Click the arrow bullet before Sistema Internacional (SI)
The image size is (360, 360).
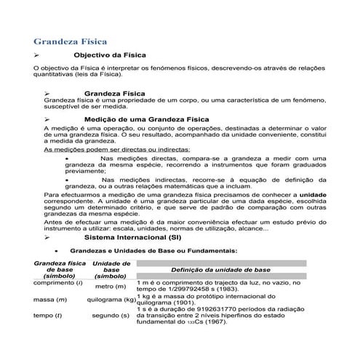pos(47,238)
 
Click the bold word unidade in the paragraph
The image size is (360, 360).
pos(314,195)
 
